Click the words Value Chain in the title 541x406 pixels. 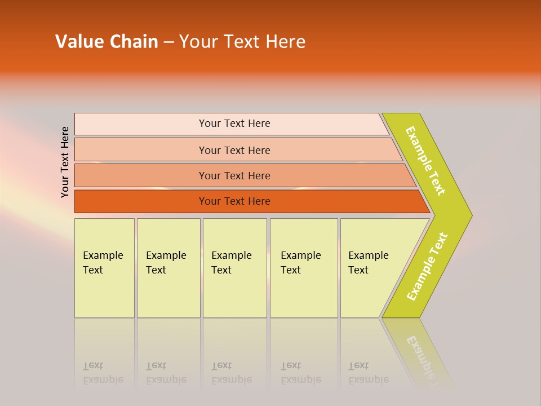107,42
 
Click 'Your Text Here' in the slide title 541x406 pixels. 242,42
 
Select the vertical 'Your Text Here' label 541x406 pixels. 65,162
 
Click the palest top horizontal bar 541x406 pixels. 234,123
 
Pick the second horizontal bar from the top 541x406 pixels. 234,150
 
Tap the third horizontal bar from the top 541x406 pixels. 234,175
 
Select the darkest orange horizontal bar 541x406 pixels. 234,201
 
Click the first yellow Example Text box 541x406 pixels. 104,268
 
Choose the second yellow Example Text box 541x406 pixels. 168,268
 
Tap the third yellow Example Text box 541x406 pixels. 234,268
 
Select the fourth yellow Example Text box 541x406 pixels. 304,268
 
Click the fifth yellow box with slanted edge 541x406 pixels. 372,268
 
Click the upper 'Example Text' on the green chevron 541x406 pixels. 425,161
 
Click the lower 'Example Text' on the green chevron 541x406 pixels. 427,267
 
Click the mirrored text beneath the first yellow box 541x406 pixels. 103,373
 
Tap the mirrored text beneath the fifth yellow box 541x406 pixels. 369,373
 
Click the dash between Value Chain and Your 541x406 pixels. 168,42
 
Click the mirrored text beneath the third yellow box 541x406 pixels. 232,373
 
